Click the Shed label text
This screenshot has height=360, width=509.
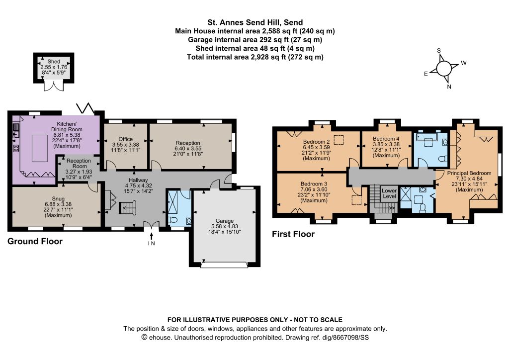[54, 61]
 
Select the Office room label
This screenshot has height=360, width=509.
[126, 139]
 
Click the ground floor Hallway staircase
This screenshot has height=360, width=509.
[127, 207]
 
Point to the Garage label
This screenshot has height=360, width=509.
[224, 221]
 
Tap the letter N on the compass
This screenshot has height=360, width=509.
[449, 87]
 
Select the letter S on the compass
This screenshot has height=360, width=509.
[439, 50]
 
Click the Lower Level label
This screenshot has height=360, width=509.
[389, 193]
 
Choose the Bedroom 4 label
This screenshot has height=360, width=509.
[386, 139]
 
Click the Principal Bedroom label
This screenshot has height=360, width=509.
[469, 173]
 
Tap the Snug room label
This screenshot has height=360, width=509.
[58, 199]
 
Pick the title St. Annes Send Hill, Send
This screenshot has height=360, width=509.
[255, 22]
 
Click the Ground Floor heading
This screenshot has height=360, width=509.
[35, 241]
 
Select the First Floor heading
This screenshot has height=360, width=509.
[293, 234]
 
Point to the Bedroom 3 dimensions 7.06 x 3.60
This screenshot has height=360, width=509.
[314, 189]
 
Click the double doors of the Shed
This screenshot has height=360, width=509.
[53, 87]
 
